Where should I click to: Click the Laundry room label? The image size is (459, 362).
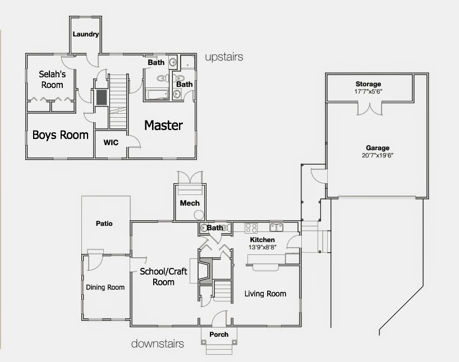click(x=86, y=34)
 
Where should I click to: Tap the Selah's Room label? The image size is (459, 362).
click(x=51, y=79)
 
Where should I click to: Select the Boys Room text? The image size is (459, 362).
click(x=60, y=135)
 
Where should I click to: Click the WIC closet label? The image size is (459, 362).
click(x=111, y=142)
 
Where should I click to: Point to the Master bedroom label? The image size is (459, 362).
click(x=163, y=125)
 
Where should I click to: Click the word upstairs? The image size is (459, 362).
click(x=224, y=57)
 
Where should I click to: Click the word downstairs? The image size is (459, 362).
click(x=158, y=344)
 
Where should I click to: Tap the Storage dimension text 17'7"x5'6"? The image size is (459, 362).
click(x=368, y=91)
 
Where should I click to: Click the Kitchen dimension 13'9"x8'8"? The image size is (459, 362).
click(x=263, y=247)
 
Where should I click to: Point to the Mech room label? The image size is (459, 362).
click(x=190, y=203)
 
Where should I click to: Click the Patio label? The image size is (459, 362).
click(x=104, y=224)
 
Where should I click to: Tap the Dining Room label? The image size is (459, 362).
click(x=105, y=287)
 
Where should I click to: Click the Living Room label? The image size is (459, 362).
click(x=265, y=294)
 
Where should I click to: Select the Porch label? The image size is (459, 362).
click(x=219, y=335)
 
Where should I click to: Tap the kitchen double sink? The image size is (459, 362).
click(x=276, y=227)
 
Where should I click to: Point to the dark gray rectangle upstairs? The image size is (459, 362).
click(x=102, y=98)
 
